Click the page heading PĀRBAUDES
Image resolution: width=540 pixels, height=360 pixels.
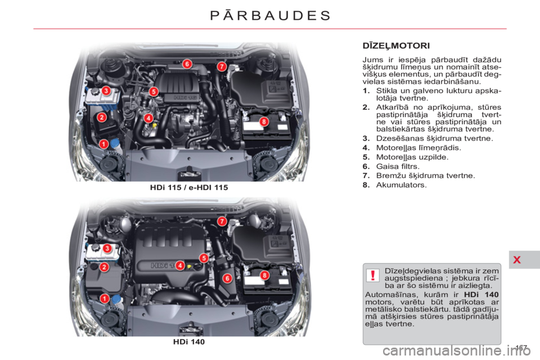[270, 15]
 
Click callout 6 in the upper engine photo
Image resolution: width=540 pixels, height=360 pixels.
[186, 64]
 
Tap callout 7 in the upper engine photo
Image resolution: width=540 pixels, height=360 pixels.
[222, 66]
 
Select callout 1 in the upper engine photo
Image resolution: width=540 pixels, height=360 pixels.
[103, 144]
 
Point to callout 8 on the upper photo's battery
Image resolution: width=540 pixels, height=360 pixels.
[263, 121]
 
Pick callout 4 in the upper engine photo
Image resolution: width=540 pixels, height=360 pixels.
[148, 118]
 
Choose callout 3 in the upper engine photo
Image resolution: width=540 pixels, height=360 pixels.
[105, 91]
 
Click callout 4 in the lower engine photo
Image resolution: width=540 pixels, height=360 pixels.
[180, 264]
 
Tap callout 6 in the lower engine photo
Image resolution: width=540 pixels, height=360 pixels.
[228, 278]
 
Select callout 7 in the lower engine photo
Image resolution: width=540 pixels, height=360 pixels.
[222, 221]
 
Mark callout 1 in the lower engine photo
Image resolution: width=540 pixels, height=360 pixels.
[105, 298]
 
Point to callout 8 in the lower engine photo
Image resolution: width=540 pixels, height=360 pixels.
[263, 275]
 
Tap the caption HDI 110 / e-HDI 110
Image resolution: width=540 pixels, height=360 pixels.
[189, 187]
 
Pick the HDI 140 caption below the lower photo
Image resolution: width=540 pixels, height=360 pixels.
[189, 341]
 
